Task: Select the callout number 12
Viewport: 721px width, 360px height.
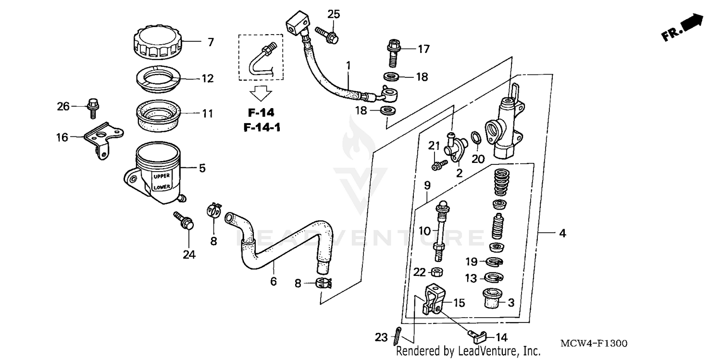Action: pos(208,78)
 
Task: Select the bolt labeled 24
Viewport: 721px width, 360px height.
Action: pos(185,221)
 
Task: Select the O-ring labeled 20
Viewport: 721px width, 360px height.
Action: pos(474,137)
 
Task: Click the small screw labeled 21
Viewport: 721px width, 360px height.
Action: pos(438,164)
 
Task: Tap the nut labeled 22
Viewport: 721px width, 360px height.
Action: pos(437,273)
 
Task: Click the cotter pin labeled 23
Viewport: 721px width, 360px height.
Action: pos(397,335)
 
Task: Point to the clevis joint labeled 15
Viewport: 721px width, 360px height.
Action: pos(432,300)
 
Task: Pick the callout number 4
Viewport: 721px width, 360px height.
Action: pos(562,234)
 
